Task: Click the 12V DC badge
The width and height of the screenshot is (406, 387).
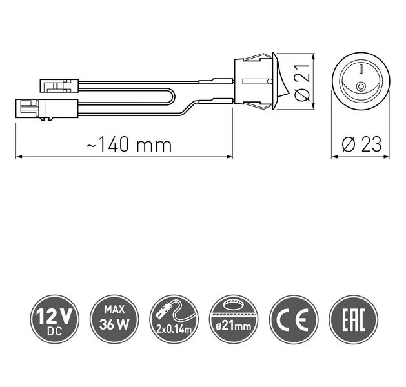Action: (x=54, y=319)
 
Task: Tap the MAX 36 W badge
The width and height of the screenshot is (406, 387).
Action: (x=114, y=319)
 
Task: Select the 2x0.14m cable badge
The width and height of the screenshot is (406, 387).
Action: (x=174, y=319)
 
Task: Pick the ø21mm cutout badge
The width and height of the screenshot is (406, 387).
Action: (x=234, y=319)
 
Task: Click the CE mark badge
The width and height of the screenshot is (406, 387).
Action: (x=294, y=319)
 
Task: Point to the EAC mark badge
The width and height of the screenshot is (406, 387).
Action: (x=354, y=319)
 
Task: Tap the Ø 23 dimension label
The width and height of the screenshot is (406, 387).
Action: (x=361, y=144)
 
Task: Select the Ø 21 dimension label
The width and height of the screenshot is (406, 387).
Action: (x=302, y=82)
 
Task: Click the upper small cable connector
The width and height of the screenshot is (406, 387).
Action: (x=59, y=85)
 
